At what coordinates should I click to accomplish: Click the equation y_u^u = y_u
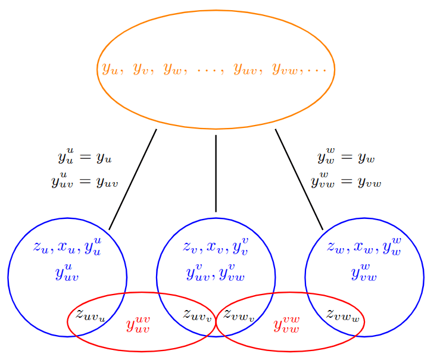85,158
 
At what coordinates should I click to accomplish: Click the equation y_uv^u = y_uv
85,180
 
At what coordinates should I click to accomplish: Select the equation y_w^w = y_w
346,158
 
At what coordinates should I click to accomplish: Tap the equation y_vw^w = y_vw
346,180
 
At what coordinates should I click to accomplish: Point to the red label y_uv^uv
138,325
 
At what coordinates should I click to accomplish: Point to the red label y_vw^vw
286,325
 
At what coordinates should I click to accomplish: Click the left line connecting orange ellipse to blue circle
133,179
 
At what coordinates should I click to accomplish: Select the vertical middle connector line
216,173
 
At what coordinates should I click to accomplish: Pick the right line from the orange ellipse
299,179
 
